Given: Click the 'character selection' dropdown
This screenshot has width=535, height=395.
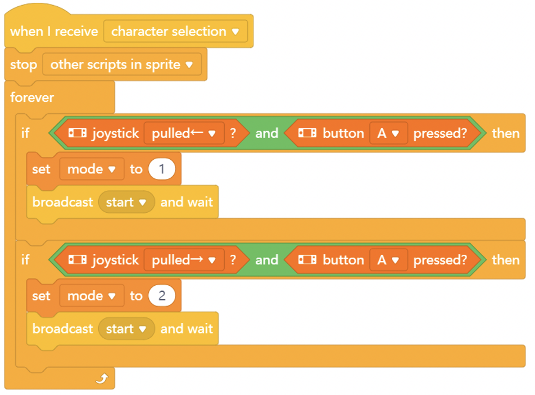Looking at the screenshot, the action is (x=175, y=32).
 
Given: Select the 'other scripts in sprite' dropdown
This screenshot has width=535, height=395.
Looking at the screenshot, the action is (x=122, y=65).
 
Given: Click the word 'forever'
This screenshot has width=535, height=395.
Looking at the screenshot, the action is (x=32, y=97).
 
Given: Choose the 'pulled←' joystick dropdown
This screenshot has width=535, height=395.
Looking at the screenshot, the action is (x=184, y=133).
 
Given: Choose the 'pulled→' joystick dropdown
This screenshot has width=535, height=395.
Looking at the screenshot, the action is (x=184, y=260).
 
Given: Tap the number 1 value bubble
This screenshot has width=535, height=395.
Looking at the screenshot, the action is (x=162, y=169).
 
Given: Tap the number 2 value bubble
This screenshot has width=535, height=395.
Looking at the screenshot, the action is (x=162, y=295).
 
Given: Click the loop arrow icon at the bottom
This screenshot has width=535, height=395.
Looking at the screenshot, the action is (x=102, y=378).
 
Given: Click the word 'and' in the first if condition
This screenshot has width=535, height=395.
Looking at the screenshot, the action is (x=267, y=133).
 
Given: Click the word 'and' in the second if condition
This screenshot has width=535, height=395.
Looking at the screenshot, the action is (x=267, y=260).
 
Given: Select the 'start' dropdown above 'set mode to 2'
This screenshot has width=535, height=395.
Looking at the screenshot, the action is (x=126, y=203).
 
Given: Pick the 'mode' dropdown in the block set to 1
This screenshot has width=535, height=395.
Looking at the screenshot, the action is (x=92, y=169).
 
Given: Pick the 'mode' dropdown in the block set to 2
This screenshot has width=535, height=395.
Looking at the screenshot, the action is (x=92, y=295).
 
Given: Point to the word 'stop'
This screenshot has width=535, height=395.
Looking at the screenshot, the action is (x=24, y=65).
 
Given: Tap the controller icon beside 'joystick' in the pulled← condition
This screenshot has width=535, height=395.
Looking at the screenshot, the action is (x=78, y=133).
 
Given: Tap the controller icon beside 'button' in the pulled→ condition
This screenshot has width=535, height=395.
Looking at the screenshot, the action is (x=307, y=260).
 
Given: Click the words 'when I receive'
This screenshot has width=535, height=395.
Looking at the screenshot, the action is (x=55, y=32).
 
